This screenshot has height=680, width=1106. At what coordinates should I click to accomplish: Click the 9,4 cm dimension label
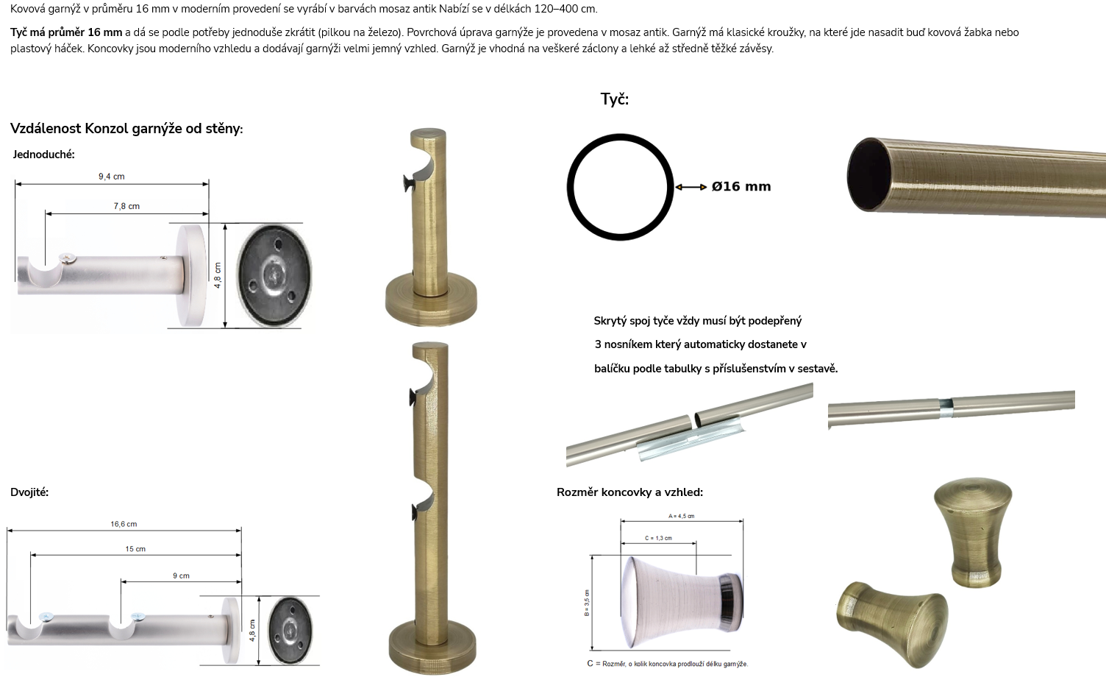point(111,177)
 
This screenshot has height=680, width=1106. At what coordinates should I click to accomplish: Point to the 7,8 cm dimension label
point(126,206)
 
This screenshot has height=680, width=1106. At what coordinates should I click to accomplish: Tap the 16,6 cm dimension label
point(124,524)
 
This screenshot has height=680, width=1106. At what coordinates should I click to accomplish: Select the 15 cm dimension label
point(135,548)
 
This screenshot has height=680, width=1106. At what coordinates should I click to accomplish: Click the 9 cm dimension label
point(181,575)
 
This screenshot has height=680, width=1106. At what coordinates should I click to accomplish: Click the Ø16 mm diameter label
point(741,186)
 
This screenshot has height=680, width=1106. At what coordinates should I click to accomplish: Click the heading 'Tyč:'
point(614,99)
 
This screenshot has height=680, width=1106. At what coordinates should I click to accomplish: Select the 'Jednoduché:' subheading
point(43,155)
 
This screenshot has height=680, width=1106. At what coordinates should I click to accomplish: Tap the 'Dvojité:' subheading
point(29,492)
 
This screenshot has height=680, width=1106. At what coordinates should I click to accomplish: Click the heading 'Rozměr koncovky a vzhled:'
point(629,492)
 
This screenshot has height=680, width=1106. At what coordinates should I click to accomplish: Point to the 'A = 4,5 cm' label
point(682,516)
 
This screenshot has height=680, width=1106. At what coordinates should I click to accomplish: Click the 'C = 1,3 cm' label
point(658,538)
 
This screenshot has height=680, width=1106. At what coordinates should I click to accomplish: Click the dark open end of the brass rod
point(868,174)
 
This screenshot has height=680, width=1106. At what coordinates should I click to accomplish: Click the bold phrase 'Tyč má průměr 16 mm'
point(66,32)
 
